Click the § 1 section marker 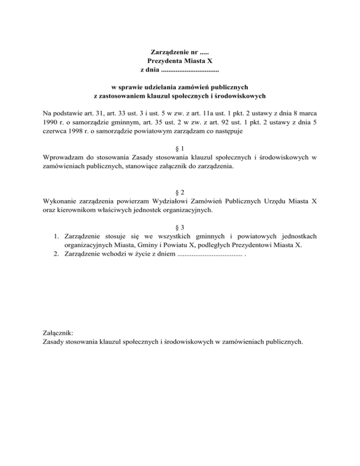click(x=180, y=148)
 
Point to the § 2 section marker click(x=180, y=192)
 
